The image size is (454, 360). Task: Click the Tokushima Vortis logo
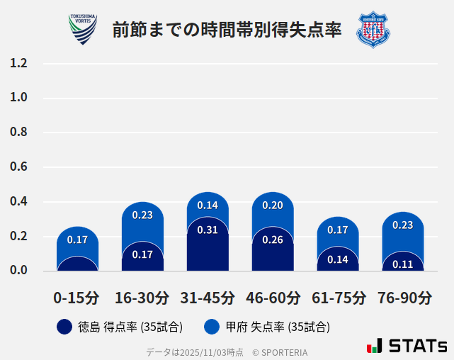point(83,29)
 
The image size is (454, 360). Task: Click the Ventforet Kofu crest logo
point(373,29)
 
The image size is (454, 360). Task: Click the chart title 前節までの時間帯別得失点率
point(227,30)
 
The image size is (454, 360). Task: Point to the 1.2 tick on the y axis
point(18,63)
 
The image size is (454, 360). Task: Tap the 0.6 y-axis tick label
point(18,167)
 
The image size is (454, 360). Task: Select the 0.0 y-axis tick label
point(18,270)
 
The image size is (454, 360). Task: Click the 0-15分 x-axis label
point(76,298)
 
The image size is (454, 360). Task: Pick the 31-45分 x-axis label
point(208,298)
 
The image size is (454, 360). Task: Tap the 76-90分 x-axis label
point(404,298)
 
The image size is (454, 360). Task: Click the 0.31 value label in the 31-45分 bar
point(208,230)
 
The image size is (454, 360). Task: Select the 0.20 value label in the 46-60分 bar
point(273,206)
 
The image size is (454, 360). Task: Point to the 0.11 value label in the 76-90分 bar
point(403,264)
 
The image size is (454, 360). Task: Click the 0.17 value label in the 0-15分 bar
point(77,240)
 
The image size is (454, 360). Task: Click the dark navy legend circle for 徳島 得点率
point(64,327)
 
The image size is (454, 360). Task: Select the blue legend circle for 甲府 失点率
point(211,327)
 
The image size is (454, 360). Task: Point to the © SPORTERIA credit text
point(280,351)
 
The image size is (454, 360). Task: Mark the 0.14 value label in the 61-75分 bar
point(338,259)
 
